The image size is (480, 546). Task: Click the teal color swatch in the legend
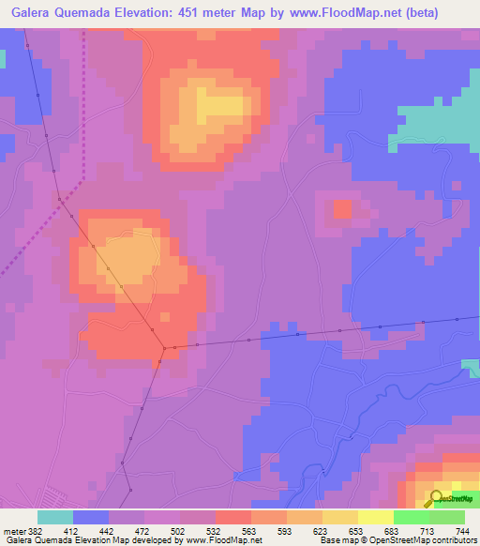[55, 518]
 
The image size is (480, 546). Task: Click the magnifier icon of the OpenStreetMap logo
[436, 497]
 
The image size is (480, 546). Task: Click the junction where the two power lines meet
[164, 348]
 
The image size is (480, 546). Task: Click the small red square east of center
[342, 208]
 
